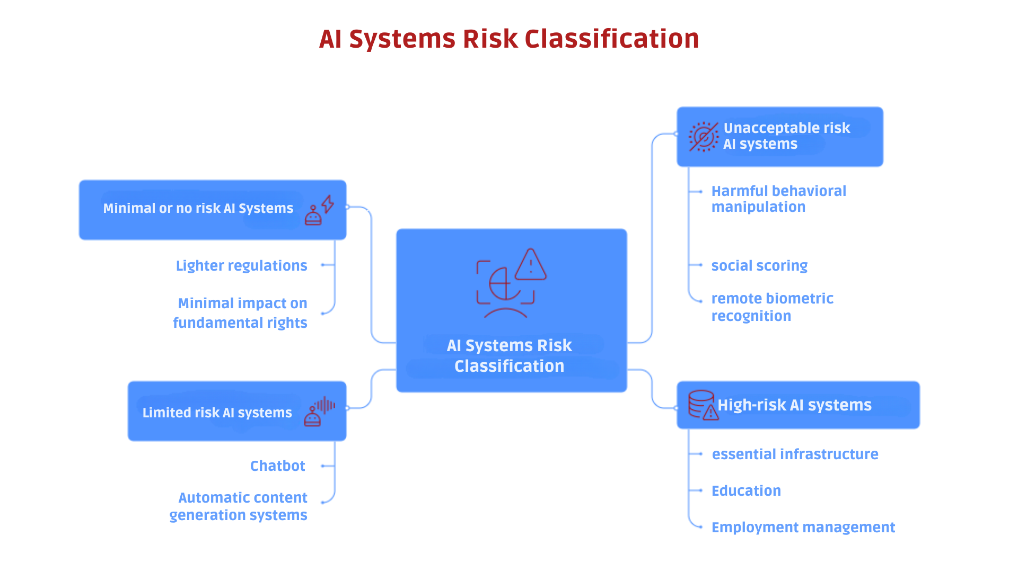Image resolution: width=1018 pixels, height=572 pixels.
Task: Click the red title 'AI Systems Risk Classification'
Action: tap(508, 39)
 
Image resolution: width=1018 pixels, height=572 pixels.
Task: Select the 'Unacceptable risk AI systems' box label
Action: tap(786, 136)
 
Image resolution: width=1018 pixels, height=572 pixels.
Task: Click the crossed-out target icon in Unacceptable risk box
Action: tap(703, 137)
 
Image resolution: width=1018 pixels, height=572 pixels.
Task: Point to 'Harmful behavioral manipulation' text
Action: tap(778, 199)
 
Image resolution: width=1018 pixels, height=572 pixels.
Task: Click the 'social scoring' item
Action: tap(759, 265)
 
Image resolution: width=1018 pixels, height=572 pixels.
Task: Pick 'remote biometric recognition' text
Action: tap(771, 307)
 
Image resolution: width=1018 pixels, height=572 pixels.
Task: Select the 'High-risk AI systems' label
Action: tap(794, 405)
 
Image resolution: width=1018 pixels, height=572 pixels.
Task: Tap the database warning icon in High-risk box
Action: tap(703, 405)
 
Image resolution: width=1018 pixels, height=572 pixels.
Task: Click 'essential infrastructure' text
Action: tap(794, 454)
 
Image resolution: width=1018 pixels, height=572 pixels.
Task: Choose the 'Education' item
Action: tap(745, 491)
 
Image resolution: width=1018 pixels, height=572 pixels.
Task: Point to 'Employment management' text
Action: tap(803, 528)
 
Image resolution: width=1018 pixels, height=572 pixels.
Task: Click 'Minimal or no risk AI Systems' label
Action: tap(198, 209)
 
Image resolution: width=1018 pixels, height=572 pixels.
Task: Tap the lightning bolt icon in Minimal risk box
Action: tap(328, 204)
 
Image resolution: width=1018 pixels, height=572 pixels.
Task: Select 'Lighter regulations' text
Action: tap(241, 265)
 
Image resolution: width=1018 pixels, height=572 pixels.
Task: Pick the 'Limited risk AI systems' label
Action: tap(217, 413)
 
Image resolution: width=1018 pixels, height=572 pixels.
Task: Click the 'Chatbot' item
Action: tap(277, 466)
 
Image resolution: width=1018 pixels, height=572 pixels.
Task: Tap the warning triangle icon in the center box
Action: tap(530, 265)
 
